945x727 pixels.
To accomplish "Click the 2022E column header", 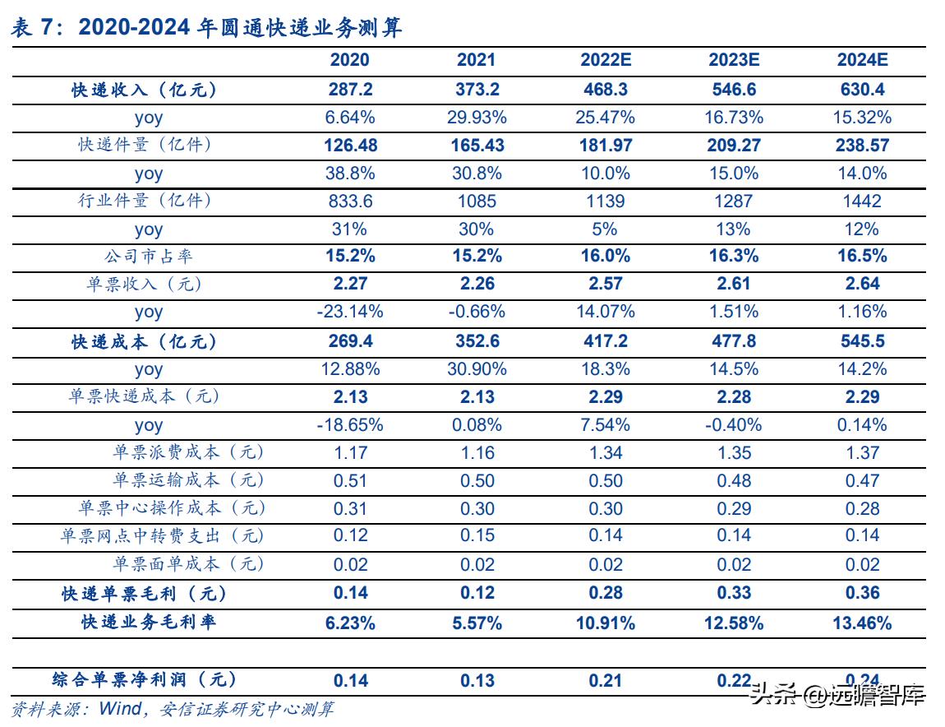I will [606, 60].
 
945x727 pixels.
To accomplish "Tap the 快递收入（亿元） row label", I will [145, 90].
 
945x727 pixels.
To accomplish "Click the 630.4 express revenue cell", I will [863, 90].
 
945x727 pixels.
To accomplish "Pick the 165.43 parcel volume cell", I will [477, 146].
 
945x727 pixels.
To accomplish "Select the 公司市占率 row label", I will [149, 257].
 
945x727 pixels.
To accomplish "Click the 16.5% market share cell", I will [863, 257].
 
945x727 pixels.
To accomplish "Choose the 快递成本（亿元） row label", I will [145, 341].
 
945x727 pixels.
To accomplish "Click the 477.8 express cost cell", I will [734, 341].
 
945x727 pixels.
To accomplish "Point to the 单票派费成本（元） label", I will [189, 452].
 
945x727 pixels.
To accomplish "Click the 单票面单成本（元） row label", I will [189, 564].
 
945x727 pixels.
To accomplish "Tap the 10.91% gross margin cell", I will [606, 623].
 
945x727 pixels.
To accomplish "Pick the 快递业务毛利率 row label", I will [149, 622].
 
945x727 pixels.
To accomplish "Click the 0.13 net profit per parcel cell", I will [477, 680].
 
